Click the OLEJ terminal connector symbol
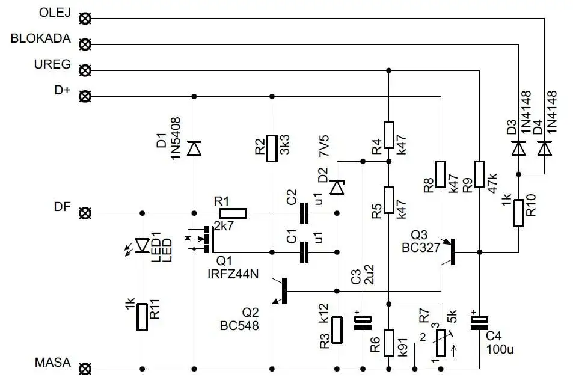(x=85, y=18)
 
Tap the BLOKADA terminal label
(x=41, y=39)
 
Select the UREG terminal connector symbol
(x=85, y=70)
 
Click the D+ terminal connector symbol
(x=85, y=96)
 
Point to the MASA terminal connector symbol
(x=85, y=368)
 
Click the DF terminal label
(x=61, y=207)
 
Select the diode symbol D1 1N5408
(x=194, y=147)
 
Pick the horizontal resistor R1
(x=233, y=213)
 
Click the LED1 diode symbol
(x=142, y=245)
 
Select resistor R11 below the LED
(x=142, y=317)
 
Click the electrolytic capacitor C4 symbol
(x=479, y=323)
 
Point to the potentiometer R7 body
(x=441, y=342)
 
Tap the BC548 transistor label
(x=239, y=326)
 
